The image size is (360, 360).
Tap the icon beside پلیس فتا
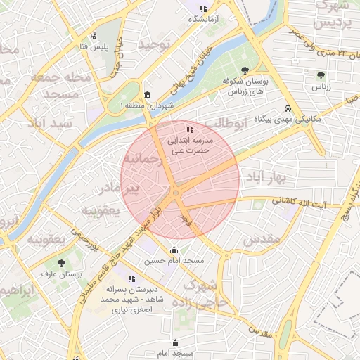coord(93,36)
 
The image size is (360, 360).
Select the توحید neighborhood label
coord(154,44)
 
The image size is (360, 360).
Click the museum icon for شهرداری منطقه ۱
coord(147,95)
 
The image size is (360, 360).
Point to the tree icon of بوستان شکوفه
coord(244,70)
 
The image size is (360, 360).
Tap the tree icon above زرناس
coord(321,75)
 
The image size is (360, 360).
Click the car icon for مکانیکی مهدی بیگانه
coord(288,108)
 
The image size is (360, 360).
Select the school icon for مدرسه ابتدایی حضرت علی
coord(189,130)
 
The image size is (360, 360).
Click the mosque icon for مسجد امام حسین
coord(174,250)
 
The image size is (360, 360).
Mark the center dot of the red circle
coord(175,193)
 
